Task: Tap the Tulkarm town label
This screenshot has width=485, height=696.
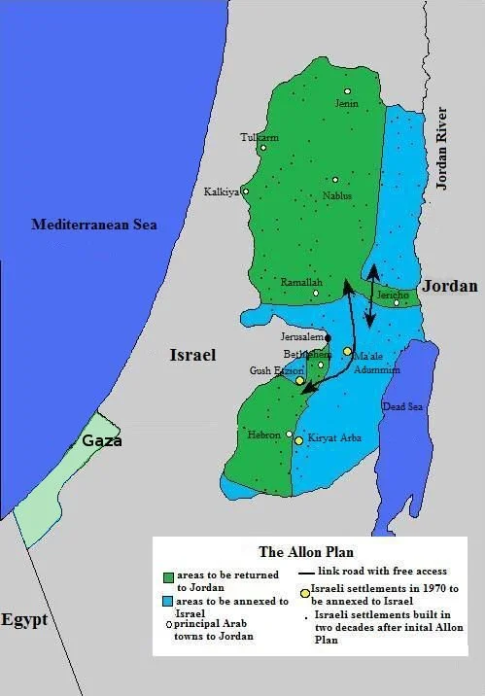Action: click(x=260, y=138)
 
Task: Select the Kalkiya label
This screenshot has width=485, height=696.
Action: click(x=221, y=192)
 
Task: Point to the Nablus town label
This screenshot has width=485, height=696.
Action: click(x=337, y=195)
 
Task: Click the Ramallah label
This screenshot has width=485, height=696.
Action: click(x=294, y=282)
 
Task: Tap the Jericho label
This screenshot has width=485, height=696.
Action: click(x=391, y=293)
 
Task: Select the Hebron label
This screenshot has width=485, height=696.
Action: click(x=263, y=435)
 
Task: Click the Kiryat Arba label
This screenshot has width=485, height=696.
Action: click(x=334, y=438)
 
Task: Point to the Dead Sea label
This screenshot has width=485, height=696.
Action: click(x=399, y=406)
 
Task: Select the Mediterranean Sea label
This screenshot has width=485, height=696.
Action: click(x=94, y=225)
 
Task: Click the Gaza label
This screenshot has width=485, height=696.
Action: click(x=101, y=440)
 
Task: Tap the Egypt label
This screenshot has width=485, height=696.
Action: click(x=24, y=620)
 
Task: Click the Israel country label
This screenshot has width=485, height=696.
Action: click(x=192, y=355)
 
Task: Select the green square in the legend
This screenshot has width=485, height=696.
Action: click(x=169, y=577)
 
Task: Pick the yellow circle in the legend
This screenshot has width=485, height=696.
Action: click(x=305, y=591)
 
